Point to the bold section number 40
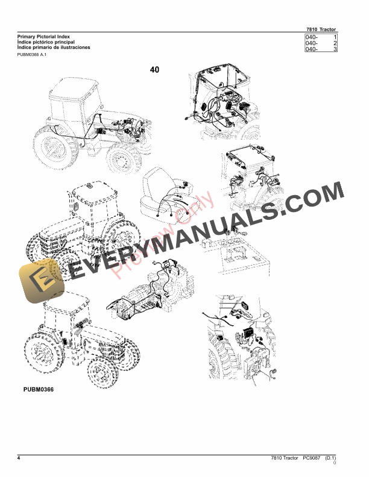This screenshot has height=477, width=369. tap(155, 70)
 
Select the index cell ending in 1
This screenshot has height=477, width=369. tap(321, 37)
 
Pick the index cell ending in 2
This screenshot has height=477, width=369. tap(321, 43)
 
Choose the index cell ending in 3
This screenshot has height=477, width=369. tap(321, 49)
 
